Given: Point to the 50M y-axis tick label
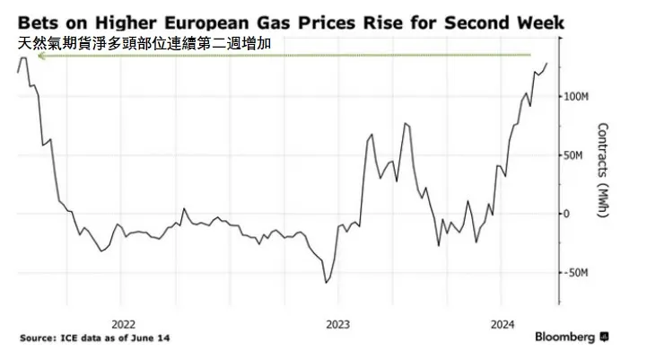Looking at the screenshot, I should [573, 155].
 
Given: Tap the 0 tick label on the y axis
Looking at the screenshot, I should [565, 214].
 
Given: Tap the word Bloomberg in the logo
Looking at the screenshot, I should [565, 338].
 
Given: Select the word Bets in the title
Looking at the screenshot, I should [39, 21].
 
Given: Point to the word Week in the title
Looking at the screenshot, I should [536, 21].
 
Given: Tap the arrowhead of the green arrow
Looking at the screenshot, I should [39, 56].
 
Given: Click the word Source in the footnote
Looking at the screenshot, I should [40, 338].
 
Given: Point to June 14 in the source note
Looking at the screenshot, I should [152, 338].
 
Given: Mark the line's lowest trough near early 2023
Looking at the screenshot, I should [326, 283].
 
